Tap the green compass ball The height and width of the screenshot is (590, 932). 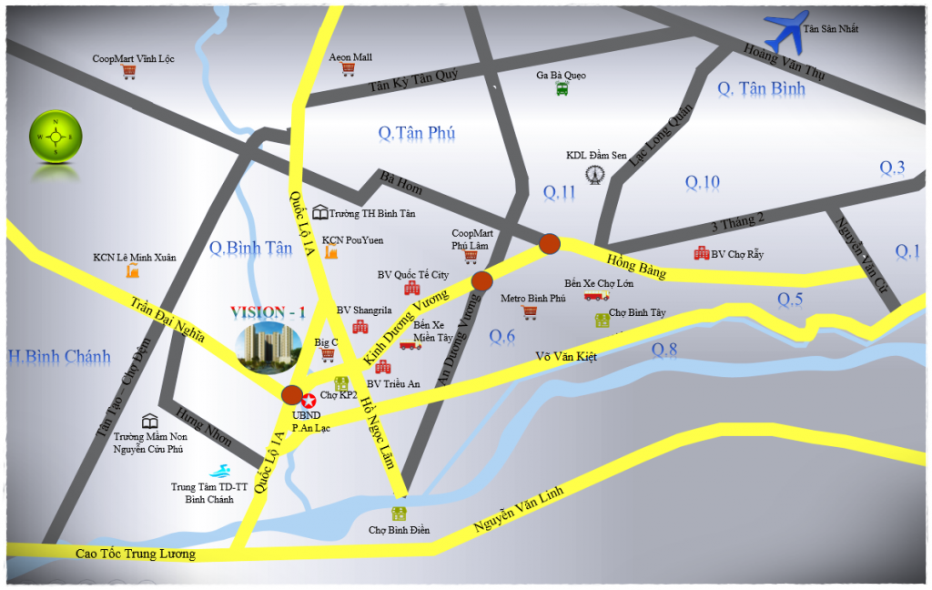[x=56, y=137]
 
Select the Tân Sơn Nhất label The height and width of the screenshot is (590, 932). [x=831, y=29]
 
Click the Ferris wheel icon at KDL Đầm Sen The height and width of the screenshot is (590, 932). [x=595, y=173]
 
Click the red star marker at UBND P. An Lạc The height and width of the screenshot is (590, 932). [x=309, y=399]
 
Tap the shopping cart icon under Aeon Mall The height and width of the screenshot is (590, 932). [x=349, y=70]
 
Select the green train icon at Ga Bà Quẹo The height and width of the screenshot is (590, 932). [x=562, y=88]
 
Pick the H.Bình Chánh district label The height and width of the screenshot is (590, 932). [x=58, y=356]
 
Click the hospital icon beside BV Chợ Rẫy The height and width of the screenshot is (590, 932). [x=701, y=254]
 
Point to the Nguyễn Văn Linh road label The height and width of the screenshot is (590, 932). [x=518, y=511]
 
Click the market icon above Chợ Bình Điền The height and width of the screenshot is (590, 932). [x=399, y=514]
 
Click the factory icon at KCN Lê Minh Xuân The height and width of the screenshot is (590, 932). [x=133, y=271]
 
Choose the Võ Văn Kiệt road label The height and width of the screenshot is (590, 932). [x=565, y=356]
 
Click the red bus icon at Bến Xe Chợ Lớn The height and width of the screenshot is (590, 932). [x=596, y=295]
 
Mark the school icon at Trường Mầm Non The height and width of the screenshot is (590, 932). [x=149, y=421]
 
